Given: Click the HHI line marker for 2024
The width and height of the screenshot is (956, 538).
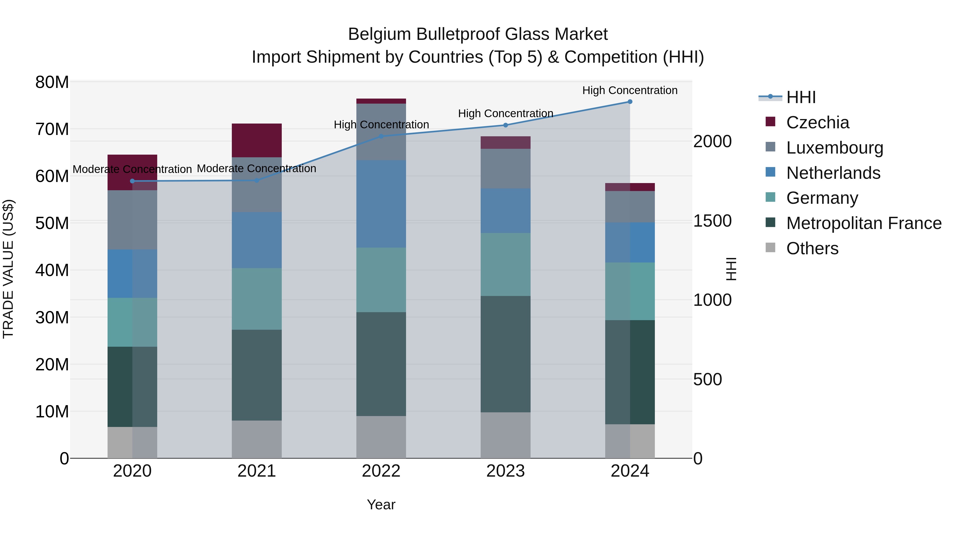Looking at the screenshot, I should pos(630,102).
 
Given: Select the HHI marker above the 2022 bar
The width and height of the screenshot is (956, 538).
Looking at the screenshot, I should pos(381,136).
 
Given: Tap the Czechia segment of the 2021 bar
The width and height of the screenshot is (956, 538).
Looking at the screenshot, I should pos(257,140).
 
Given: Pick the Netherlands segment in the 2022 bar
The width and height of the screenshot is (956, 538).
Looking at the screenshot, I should pos(381,204).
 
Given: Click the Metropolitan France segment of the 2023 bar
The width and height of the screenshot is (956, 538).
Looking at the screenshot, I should pos(505,354).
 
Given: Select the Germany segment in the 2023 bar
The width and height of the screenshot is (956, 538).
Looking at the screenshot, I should pos(505,264).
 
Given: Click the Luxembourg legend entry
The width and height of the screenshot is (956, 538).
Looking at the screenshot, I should pos(834,148).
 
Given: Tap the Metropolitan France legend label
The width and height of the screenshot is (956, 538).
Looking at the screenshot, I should pos(864,223).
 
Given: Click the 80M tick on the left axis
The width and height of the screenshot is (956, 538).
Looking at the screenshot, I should pos(52,82).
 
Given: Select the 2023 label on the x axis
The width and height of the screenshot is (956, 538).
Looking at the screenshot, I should pos(505,471).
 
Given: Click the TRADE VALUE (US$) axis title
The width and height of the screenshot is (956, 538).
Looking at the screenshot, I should pos(8,269).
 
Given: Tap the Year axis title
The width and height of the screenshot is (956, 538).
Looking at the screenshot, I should pos(381,505).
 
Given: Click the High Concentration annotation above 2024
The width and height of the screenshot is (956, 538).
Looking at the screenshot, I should pos(630,90).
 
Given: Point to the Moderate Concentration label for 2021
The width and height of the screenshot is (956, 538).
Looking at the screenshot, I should pos(257,168).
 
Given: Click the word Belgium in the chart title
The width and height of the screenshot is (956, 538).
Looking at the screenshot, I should pos(379,34).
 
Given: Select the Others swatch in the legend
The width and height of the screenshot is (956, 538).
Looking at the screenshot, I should pos(770,248).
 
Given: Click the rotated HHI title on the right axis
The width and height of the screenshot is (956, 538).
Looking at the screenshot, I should pos(731,269).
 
